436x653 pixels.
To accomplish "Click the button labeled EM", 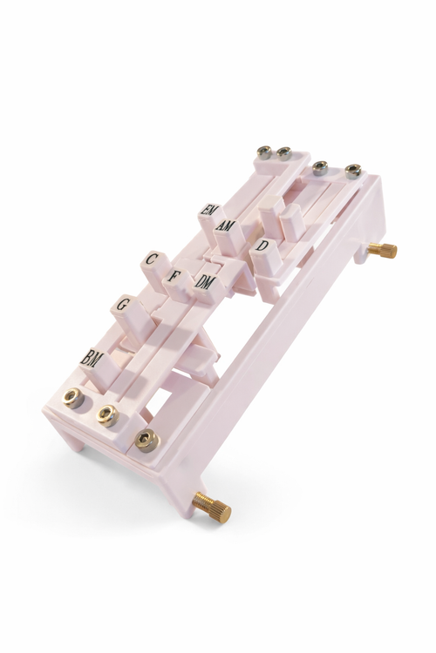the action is [207, 210].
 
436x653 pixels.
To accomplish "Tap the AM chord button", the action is [226, 226].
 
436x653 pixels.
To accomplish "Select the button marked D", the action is [262, 246].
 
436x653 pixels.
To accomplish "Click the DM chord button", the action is [203, 284].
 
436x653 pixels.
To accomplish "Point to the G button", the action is [122, 305].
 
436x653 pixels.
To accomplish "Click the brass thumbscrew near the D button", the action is [382, 250].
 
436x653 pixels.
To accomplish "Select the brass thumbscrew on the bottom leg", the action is [212, 506].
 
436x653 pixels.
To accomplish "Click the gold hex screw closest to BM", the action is [73, 398].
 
